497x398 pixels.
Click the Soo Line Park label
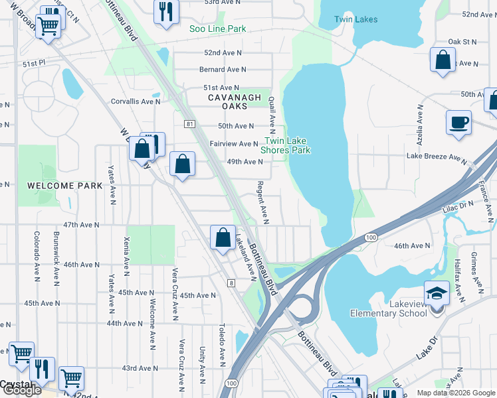coord(218,29)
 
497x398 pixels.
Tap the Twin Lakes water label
coord(355,20)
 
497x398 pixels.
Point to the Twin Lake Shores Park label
coord(288,145)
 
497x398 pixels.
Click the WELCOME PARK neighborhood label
coord(65,186)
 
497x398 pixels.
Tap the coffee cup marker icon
coord(460,123)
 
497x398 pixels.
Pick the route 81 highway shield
coord(190,124)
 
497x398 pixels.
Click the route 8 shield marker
coord(231,283)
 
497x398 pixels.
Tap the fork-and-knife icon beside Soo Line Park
coord(165,11)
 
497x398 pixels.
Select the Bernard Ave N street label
coord(222,69)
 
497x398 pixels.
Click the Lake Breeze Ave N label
coord(437,157)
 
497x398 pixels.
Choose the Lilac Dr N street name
coord(458,208)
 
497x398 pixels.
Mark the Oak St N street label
coord(462,42)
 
